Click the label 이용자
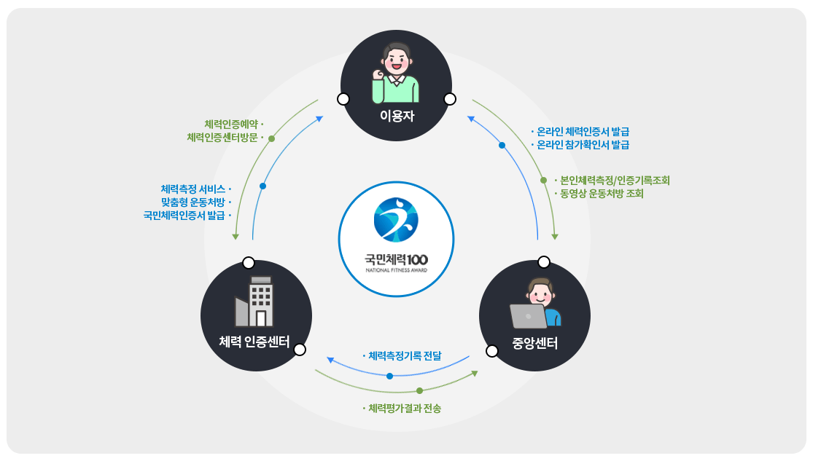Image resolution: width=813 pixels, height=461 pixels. coord(397,115)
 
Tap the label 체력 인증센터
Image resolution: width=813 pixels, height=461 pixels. coord(254,342)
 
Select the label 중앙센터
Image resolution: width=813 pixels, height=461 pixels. coord(534,343)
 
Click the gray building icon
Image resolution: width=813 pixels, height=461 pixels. coord(254,302)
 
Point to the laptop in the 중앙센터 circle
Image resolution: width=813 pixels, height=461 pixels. coord(528,316)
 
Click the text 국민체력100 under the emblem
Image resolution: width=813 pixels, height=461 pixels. coord(396,259)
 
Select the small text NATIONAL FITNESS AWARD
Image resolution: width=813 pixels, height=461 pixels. coord(396,270)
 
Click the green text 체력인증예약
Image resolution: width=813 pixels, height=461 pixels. coord(231,124)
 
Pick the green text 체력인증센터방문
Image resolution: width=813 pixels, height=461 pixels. coord(222,137)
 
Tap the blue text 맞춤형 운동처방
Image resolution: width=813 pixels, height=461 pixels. coord(192,202)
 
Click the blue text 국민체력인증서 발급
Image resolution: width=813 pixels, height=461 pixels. coord(184,215)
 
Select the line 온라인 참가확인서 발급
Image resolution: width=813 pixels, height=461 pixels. coord(583,145)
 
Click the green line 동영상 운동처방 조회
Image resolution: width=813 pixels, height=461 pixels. coord(601,194)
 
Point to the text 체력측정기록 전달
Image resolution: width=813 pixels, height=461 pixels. coord(405,356)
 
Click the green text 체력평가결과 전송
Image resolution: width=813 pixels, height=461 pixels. coord(404,409)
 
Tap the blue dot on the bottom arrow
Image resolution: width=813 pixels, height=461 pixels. coord(389,376)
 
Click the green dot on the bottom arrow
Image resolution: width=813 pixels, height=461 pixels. coord(419,390)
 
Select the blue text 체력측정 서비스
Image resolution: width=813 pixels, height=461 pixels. coord(192,189)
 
